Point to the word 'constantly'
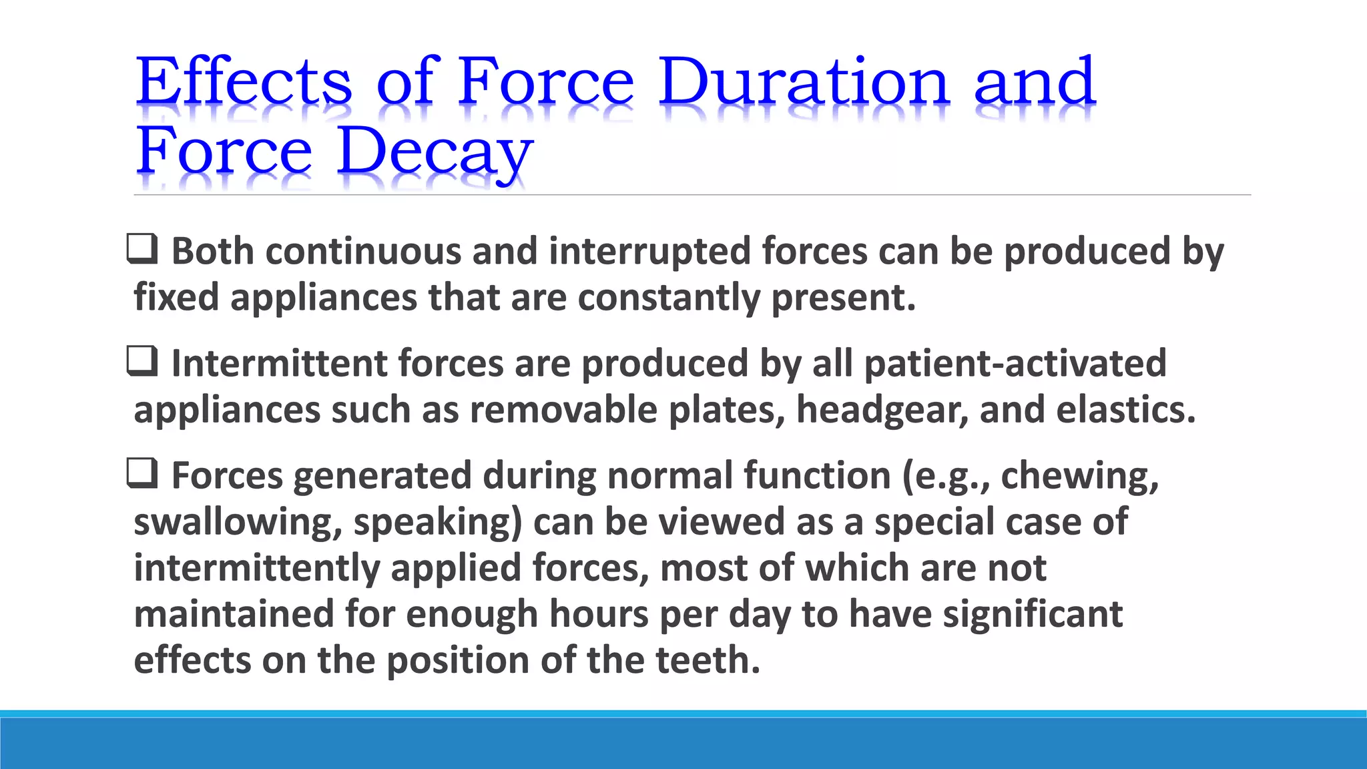(669, 298)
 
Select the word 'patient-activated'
(1015, 364)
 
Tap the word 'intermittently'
(256, 569)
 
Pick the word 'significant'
(1033, 614)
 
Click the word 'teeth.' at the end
(708, 660)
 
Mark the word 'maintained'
(234, 614)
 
